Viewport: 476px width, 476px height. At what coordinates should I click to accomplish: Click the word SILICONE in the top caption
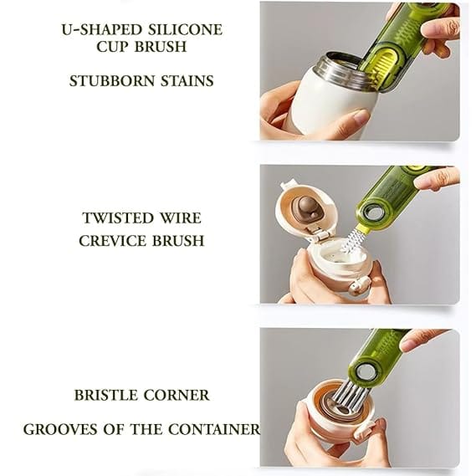pos(186,30)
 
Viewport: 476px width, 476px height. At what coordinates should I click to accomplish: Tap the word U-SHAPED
pos(102,30)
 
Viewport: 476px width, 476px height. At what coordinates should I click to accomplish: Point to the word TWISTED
pos(118,218)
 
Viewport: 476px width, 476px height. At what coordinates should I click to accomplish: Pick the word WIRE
pos(181,218)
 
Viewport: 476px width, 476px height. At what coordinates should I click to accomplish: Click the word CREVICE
pos(112,241)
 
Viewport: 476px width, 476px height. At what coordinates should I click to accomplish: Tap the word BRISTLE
pos(105,395)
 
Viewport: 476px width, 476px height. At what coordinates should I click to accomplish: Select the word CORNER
pos(177,395)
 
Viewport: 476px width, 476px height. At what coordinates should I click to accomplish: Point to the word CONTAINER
pos(214,429)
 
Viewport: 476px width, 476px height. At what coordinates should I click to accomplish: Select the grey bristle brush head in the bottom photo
pos(350,395)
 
